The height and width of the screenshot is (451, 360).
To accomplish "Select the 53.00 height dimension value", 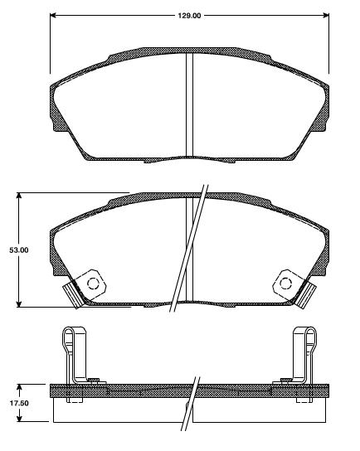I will coord(18,250).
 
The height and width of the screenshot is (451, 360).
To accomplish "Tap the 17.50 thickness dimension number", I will coord(18,404).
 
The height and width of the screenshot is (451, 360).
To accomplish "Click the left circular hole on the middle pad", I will coord(92,284).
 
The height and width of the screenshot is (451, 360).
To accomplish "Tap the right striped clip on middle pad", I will coord(312,293).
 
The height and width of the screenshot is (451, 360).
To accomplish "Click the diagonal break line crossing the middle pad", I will coord(188,249).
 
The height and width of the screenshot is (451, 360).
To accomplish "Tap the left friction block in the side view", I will coord(120,410).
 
